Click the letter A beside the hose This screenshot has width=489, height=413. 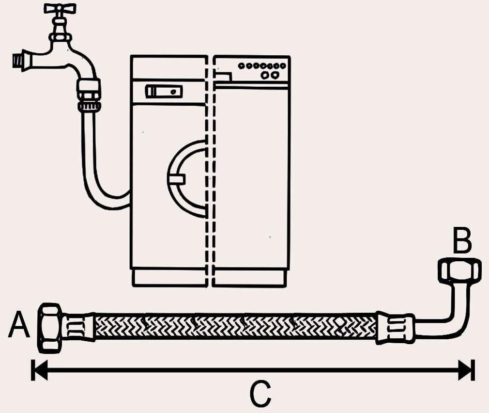19,325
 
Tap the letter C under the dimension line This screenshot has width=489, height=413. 260,394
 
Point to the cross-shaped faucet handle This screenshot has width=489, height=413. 60,9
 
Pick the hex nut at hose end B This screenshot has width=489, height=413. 459,270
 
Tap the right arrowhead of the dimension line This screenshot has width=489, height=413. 466,370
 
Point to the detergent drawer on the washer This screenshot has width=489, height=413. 164,91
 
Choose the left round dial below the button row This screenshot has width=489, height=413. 264,75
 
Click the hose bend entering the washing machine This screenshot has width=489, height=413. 104,196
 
